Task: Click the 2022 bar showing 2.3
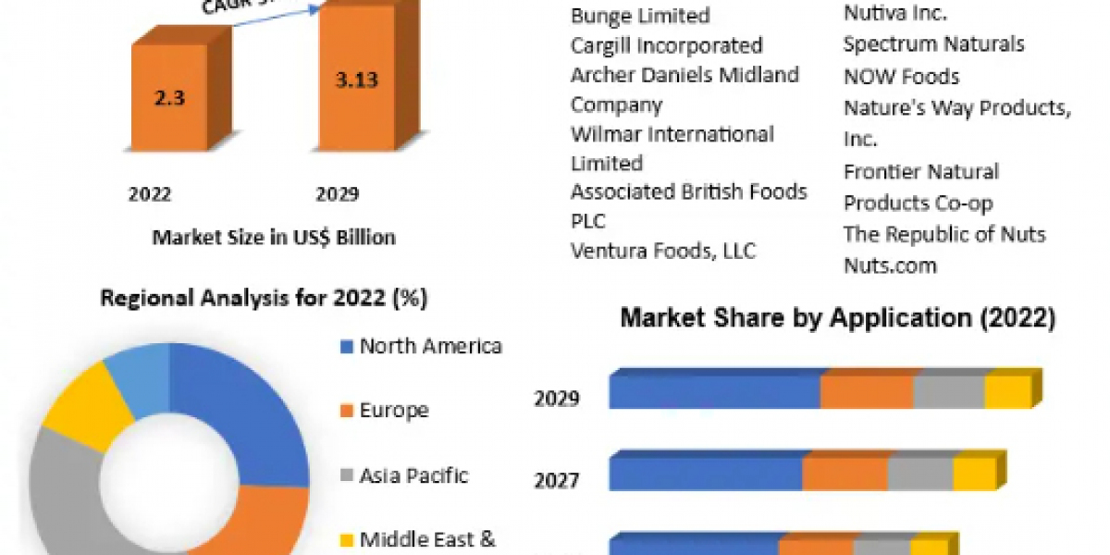tap(169, 96)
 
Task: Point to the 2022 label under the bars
tap(150, 194)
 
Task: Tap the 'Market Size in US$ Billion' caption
tap(274, 238)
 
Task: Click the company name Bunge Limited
tap(640, 16)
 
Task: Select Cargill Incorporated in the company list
tap(666, 45)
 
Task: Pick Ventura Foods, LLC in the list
tap(662, 251)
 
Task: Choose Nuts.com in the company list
tap(890, 265)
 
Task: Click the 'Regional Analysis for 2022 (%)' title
tap(264, 299)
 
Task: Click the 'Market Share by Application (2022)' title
tap(837, 319)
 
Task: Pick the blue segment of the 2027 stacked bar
tap(705, 475)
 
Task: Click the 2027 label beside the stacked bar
tap(556, 480)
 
